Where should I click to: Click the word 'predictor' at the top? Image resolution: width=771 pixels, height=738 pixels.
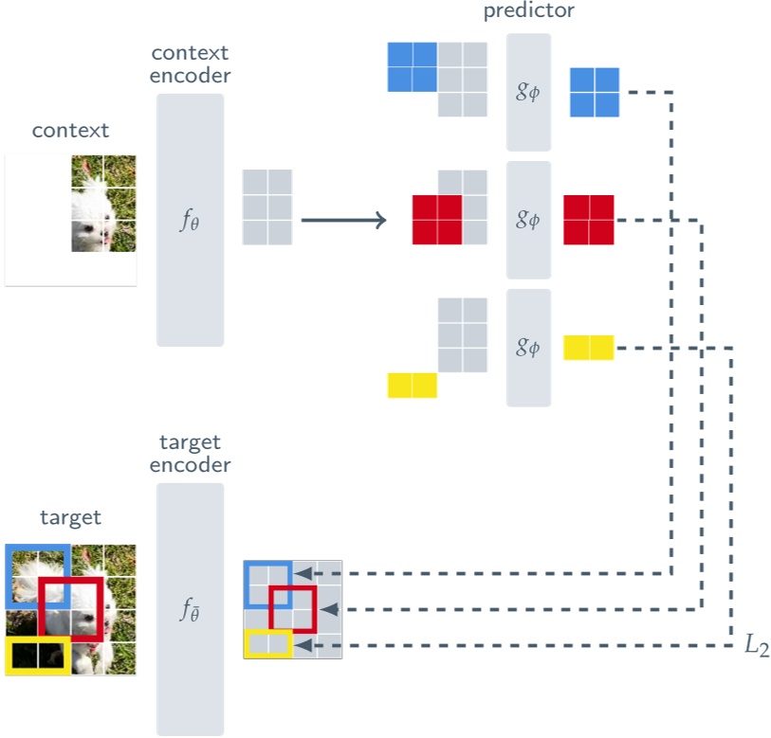point(528,11)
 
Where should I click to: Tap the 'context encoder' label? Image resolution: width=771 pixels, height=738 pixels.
point(190,63)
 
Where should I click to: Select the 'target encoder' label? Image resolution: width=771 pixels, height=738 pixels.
point(190,453)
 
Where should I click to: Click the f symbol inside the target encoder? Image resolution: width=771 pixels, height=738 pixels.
point(190,612)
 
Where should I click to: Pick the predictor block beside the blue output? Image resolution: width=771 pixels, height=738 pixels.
point(528,92)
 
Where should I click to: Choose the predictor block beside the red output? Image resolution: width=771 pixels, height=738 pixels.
point(528,220)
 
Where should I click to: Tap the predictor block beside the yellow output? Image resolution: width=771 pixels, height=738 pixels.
point(528,348)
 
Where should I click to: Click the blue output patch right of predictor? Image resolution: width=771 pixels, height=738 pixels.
point(594,92)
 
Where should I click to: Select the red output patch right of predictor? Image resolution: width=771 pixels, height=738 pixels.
point(588,220)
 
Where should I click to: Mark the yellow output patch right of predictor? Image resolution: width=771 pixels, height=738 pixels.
point(588,348)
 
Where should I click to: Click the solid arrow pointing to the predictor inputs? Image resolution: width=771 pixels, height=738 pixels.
point(343,221)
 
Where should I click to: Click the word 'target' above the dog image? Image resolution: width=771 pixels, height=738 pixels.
point(70,517)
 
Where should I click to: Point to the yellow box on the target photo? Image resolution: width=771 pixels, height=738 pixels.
point(36,656)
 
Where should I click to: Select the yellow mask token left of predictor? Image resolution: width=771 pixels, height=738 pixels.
point(412,386)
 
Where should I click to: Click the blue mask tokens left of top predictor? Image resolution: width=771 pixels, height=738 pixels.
point(412,67)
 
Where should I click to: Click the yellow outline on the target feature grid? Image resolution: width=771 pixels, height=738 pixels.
point(267,644)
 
